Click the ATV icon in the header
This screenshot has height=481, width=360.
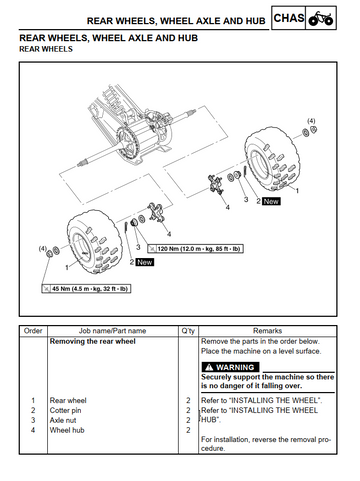point(321,18)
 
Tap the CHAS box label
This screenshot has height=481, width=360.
point(289,18)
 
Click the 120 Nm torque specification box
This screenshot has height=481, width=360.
point(195,249)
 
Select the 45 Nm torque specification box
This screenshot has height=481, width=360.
point(86,289)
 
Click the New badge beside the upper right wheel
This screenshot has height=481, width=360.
point(271,201)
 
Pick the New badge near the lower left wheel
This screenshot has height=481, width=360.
point(145,262)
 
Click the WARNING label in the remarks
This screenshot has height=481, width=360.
point(230,367)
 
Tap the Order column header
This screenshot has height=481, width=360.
point(33,331)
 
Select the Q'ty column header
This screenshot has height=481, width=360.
point(188,331)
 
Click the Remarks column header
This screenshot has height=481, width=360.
point(267,331)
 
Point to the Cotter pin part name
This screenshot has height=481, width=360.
point(65,410)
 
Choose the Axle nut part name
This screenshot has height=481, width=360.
point(63,420)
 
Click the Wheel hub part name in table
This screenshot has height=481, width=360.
point(67,430)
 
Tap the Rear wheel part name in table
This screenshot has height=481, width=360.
point(68,400)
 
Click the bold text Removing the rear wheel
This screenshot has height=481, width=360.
point(93,341)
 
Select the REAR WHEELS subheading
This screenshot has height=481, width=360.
point(46,49)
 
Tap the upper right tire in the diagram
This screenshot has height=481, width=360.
point(271,161)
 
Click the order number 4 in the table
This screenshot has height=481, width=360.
point(33,430)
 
